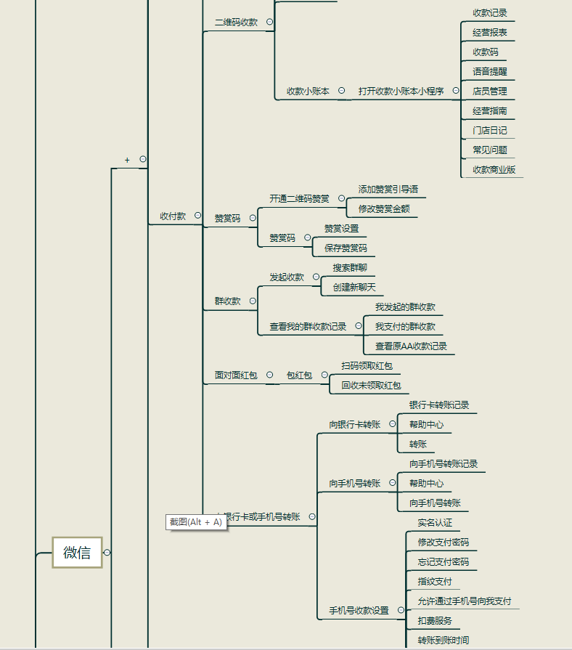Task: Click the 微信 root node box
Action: pos(77,553)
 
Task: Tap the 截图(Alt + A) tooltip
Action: pos(196,522)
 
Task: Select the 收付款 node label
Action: pos(173,216)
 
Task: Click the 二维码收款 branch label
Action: pos(236,23)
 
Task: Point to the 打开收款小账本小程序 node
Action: pos(401,92)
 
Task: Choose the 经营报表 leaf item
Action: pos(490,33)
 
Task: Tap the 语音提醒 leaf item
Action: pos(490,72)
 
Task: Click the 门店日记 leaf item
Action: pos(490,131)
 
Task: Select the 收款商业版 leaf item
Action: pos(494,170)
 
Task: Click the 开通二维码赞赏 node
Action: pos(299,198)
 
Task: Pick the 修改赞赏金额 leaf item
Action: pos(384,209)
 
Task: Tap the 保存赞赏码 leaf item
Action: pos(346,248)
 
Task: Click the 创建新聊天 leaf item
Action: pos(354,288)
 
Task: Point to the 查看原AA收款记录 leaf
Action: pos(411,346)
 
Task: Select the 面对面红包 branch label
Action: pos(236,375)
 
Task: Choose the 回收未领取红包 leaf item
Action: pos(371,386)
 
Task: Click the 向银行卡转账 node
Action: pos(354,425)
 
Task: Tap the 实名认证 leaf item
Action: pos(435,523)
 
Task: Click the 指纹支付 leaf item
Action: pos(435,582)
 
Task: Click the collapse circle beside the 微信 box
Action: pos(107,553)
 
